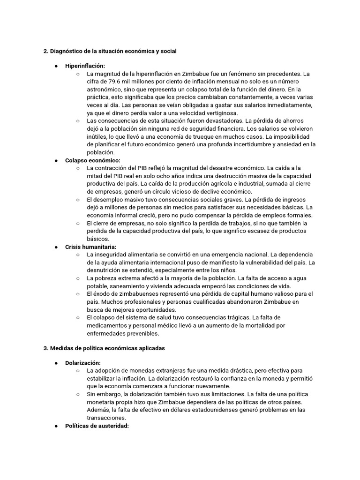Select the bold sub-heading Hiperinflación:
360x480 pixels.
pos(85,66)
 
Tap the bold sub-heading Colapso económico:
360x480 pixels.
pos(93,160)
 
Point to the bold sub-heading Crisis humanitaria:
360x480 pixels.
pos(90,247)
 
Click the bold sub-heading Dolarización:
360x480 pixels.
pos(83,363)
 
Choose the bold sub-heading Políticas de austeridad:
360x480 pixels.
pos(97,426)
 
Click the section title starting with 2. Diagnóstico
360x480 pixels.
pos(110,51)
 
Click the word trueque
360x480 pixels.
pos(203,136)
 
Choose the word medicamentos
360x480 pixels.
pos(109,325)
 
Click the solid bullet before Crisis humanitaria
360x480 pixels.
pos(56,247)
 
